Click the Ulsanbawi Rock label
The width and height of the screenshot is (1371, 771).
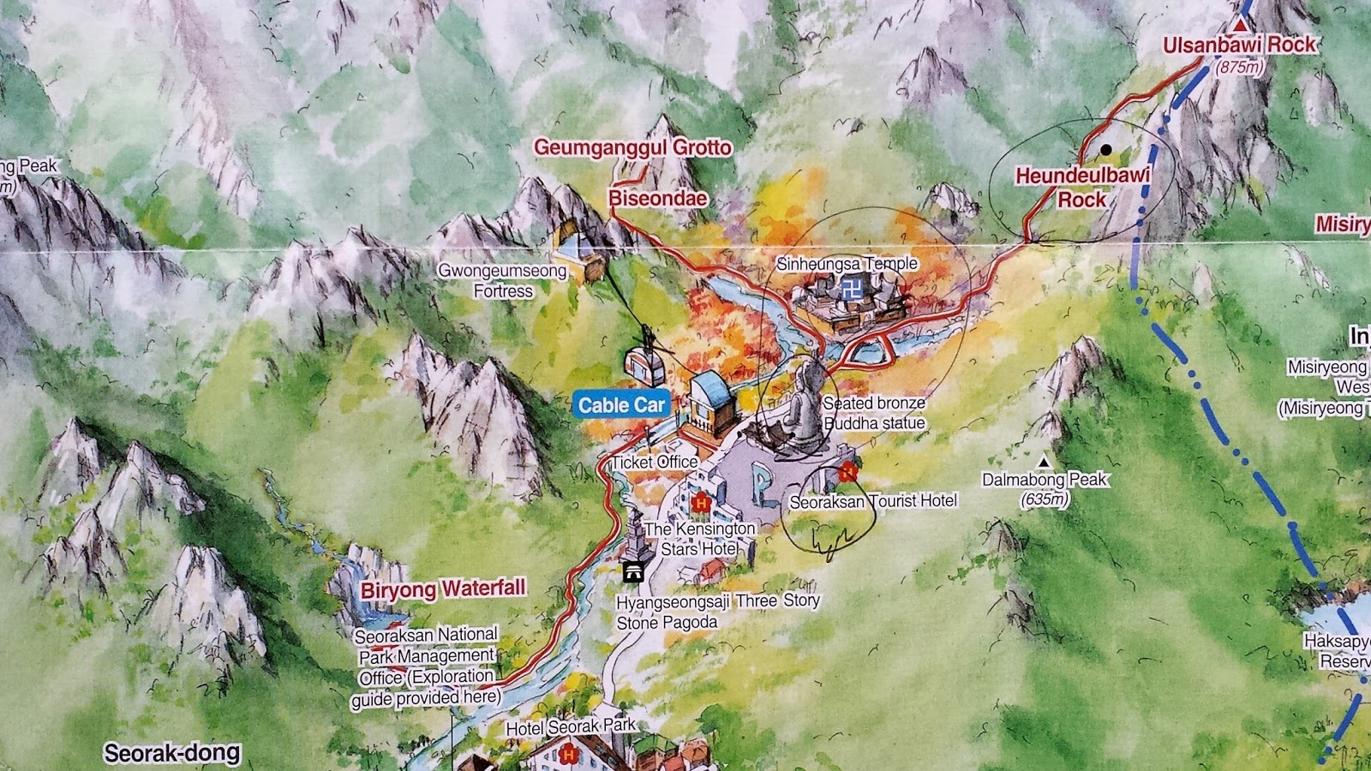coord(1238,45)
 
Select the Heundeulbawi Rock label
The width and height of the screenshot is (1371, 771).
coord(1082,188)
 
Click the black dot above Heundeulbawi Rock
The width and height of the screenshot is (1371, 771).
coord(1105,150)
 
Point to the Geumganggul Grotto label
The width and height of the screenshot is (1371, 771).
coord(633,147)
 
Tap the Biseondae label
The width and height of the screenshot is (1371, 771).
coord(658,199)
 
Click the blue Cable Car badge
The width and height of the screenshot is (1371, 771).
coord(621,405)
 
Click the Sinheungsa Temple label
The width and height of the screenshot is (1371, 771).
coord(847,264)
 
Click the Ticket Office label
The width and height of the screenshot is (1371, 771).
coord(655,462)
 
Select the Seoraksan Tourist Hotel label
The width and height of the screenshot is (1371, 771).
coord(872,501)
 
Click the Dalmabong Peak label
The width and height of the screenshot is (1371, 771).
coord(1045,480)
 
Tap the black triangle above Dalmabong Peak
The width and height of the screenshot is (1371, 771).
coord(1044,462)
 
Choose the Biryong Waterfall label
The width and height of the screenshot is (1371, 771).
coord(443,589)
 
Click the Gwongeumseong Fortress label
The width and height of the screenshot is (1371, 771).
coord(503,281)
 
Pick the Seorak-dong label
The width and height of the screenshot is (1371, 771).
coord(172,754)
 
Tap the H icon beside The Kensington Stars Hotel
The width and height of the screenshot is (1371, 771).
coord(701,503)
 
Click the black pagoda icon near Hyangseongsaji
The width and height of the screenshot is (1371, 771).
coord(633,572)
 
